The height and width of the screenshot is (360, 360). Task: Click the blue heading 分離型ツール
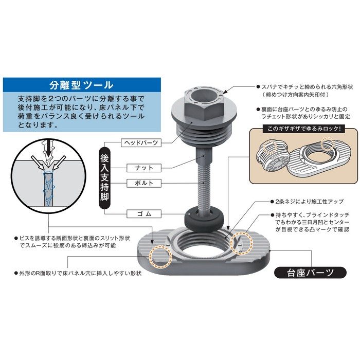(x=81, y=85)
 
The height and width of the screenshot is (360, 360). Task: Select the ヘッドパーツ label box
(x=141, y=143)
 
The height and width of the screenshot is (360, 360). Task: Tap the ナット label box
(x=144, y=168)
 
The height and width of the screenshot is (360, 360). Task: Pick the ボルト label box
(x=144, y=183)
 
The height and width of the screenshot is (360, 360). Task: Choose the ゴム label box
(x=144, y=214)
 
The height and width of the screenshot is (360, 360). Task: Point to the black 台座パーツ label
(x=310, y=273)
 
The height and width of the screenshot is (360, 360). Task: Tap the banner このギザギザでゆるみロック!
(x=303, y=129)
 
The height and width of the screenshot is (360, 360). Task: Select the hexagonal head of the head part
(x=204, y=103)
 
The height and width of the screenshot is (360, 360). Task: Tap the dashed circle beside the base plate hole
(x=241, y=243)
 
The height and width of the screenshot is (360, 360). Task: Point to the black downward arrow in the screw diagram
(x=49, y=147)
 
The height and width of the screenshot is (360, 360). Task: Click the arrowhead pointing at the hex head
(x=226, y=92)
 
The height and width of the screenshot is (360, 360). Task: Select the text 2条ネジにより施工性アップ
(x=309, y=202)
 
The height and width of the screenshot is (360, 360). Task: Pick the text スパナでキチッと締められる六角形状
(x=307, y=87)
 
